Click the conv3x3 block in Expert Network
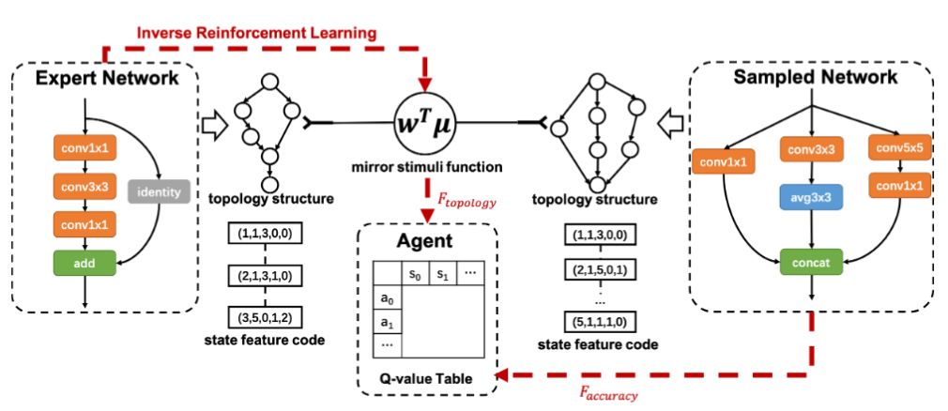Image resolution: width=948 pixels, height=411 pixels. [x=85, y=186]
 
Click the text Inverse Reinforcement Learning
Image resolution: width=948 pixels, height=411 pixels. [x=256, y=32]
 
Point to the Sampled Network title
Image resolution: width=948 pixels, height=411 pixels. [x=815, y=78]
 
